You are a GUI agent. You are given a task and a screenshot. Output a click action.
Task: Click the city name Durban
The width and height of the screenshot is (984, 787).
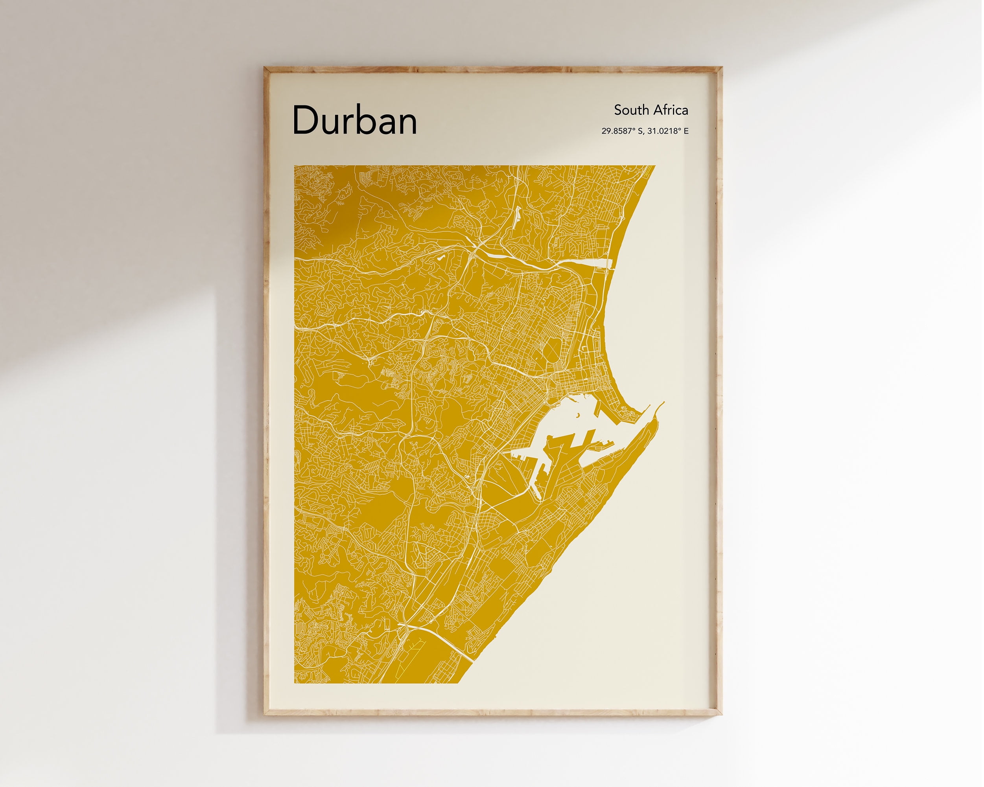pos(355,120)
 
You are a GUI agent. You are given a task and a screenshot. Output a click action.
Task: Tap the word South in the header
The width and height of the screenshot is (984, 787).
pos(631,110)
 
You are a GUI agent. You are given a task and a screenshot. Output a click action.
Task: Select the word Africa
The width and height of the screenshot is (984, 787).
pos(670,110)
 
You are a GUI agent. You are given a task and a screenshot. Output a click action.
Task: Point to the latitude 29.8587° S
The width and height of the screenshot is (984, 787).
pos(622,131)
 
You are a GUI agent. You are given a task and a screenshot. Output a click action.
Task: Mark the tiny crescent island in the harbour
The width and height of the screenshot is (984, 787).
pos(578,415)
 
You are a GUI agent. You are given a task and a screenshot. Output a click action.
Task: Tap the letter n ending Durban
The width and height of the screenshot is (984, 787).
pos(406,123)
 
